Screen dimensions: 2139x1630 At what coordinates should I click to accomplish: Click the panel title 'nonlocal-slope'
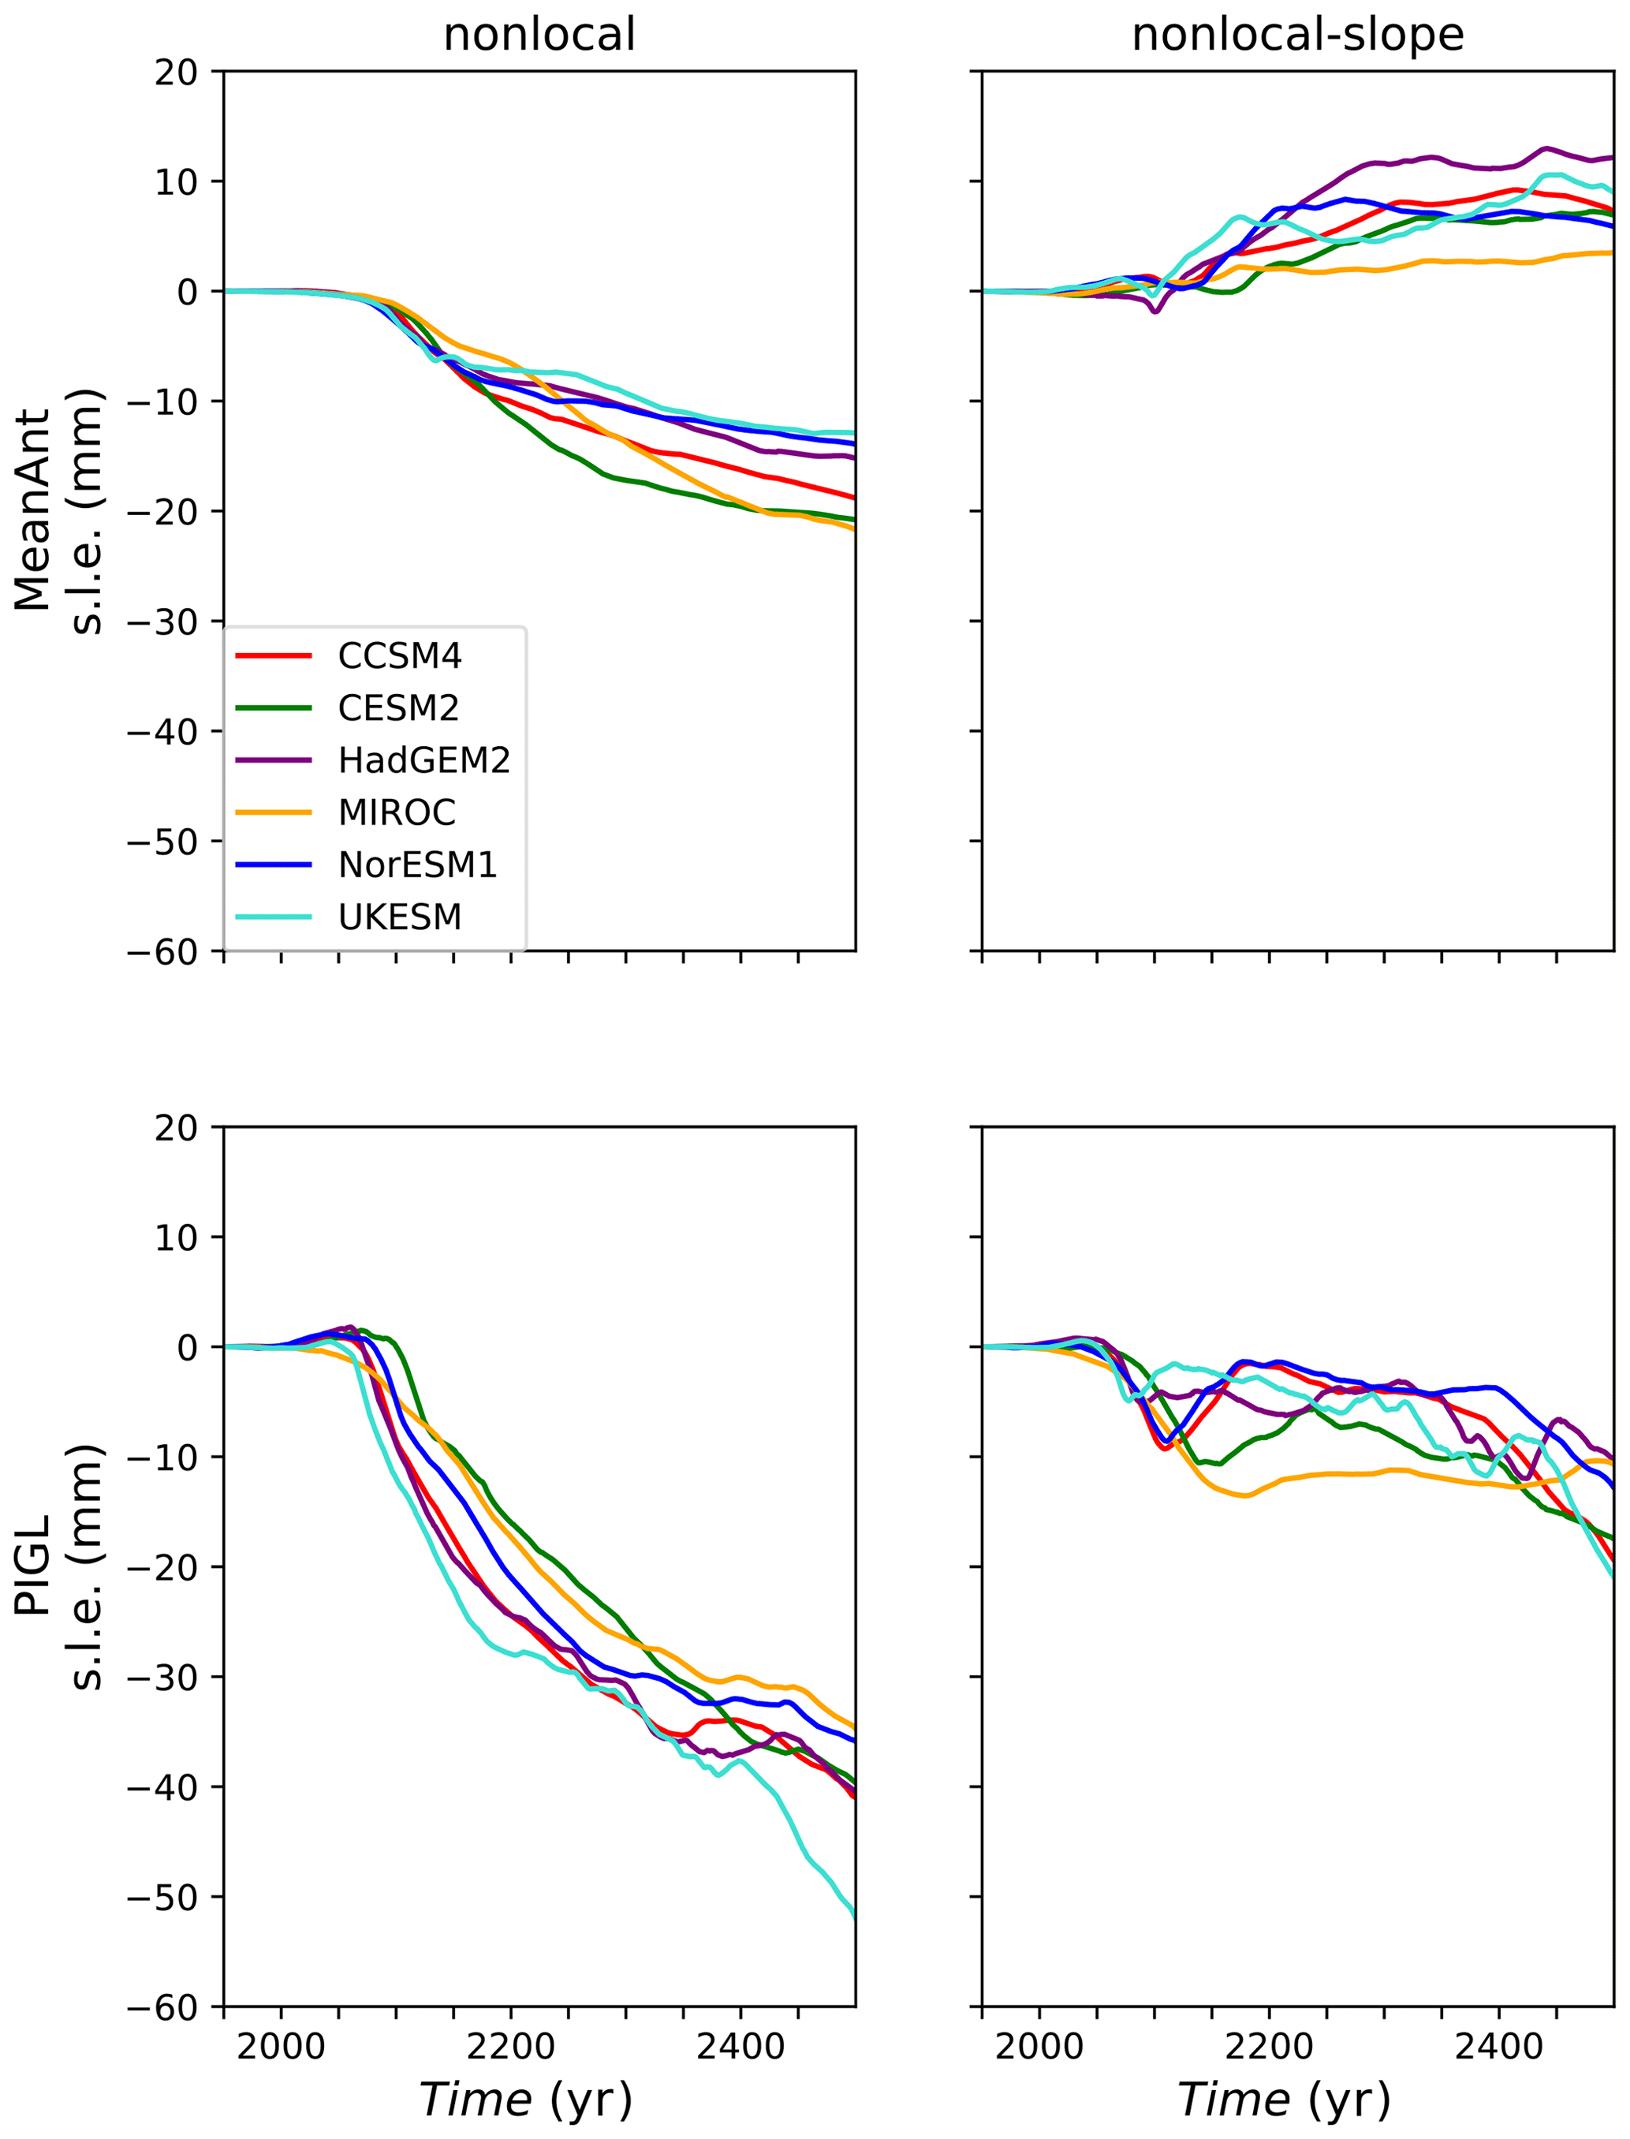[1297, 35]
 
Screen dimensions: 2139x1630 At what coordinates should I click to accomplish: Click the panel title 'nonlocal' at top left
[539, 35]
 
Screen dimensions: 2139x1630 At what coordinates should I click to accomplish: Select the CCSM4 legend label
[400, 657]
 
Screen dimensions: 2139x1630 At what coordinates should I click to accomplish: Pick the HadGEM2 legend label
[424, 761]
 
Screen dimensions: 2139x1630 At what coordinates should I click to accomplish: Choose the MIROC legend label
[397, 812]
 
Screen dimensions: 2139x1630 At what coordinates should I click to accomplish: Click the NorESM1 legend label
[417, 864]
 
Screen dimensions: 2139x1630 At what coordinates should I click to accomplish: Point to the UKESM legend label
[400, 917]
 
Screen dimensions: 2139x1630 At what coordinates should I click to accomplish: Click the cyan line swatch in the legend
[274, 917]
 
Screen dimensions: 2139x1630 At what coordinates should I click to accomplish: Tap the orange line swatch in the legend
[274, 812]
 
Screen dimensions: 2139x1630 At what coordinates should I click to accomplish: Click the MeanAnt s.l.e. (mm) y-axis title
[58, 510]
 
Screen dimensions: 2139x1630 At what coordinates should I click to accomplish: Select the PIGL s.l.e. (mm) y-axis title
[58, 1566]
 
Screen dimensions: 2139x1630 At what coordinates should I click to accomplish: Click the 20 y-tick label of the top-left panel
[176, 72]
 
